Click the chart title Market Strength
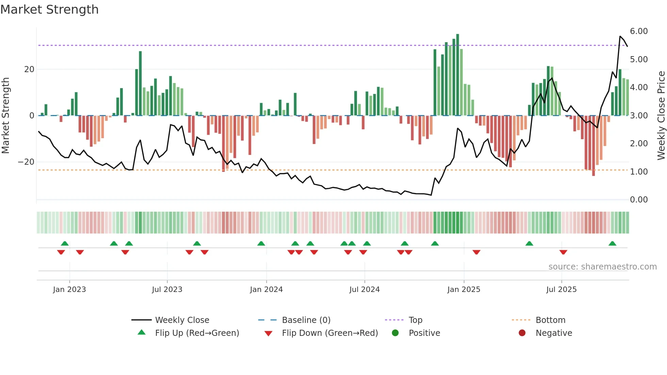pos(50,10)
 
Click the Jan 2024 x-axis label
pos(266,290)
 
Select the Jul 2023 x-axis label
pos(167,290)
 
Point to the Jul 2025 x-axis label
pos(561,290)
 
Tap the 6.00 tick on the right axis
pos(638,31)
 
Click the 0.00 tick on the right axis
pos(638,200)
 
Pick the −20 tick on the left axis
pos(26,162)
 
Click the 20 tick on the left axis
pos(29,69)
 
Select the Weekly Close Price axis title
pos(661,115)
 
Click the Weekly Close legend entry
pos(182,320)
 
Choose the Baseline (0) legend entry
pos(306,320)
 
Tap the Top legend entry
pos(415,320)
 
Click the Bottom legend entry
pos(550,320)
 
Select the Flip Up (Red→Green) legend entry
pos(197,333)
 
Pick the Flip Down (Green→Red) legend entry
pos(329,333)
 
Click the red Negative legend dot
pos(522,333)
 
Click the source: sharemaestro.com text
pos(602,267)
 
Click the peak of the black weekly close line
pos(620,36)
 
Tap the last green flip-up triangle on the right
pos(612,244)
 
